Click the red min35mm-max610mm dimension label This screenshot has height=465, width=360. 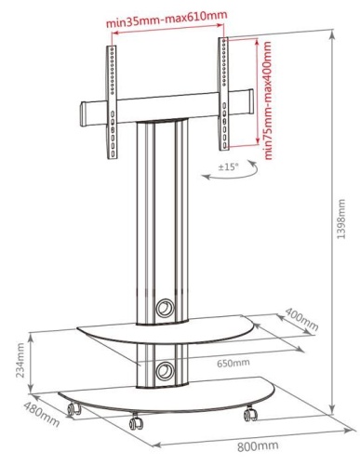coord(167,19)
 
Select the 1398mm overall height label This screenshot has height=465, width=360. coord(341,219)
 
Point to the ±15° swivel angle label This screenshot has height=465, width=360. coord(229,167)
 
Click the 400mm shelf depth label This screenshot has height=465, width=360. coord(301,319)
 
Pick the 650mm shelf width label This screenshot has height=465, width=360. coord(233,363)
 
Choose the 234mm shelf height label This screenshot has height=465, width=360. coord(20,360)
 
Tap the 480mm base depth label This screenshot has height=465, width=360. coord(41,414)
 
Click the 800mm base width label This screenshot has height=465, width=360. coord(258,446)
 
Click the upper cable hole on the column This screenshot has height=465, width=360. coord(165,308)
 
